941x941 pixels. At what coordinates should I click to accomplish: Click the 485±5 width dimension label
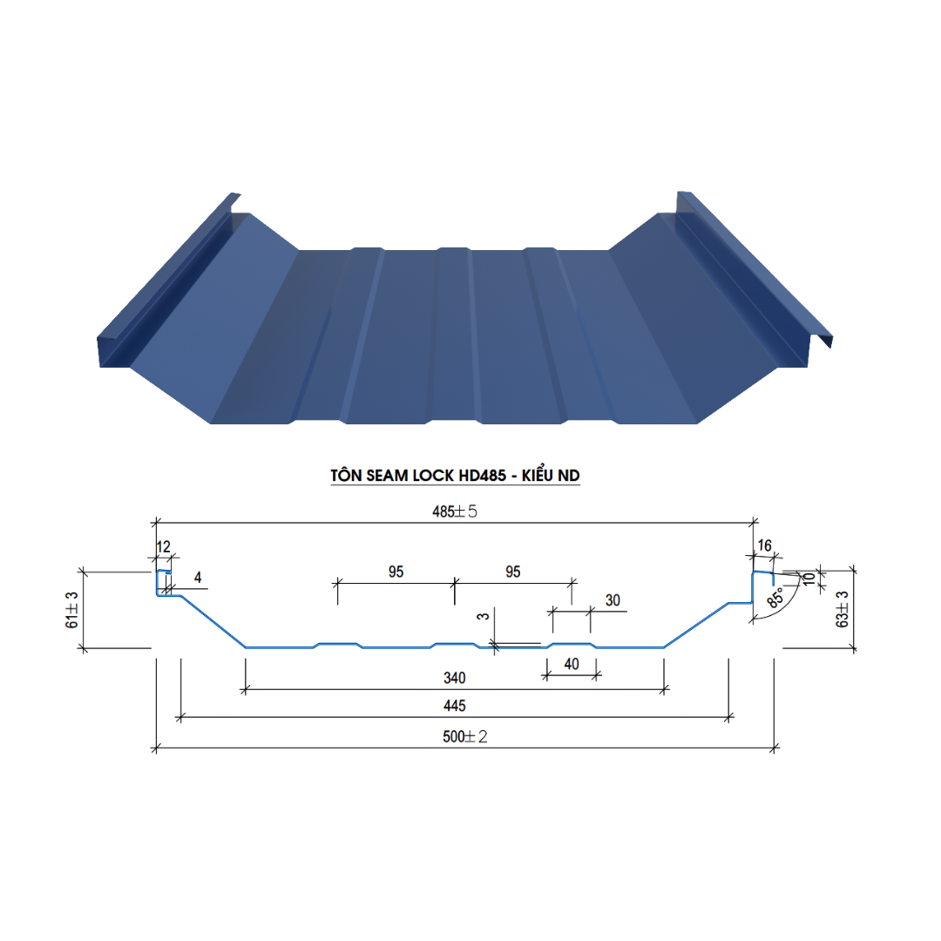454,511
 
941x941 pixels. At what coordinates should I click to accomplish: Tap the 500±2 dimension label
464,736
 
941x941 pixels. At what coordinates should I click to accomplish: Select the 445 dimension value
454,706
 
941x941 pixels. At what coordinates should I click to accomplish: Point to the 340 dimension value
454,678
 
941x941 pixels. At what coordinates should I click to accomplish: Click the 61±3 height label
71,610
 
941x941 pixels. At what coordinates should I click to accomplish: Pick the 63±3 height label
842,609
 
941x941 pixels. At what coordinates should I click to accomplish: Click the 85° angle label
775,597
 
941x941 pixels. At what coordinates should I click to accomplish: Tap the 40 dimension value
572,664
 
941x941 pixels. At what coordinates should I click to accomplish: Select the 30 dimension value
613,600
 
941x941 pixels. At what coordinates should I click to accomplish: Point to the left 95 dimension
396,572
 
